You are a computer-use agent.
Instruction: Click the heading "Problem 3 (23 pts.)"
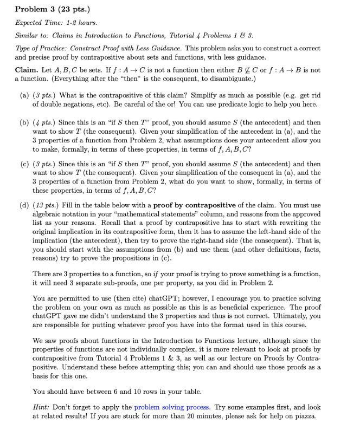click(x=52, y=9)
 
